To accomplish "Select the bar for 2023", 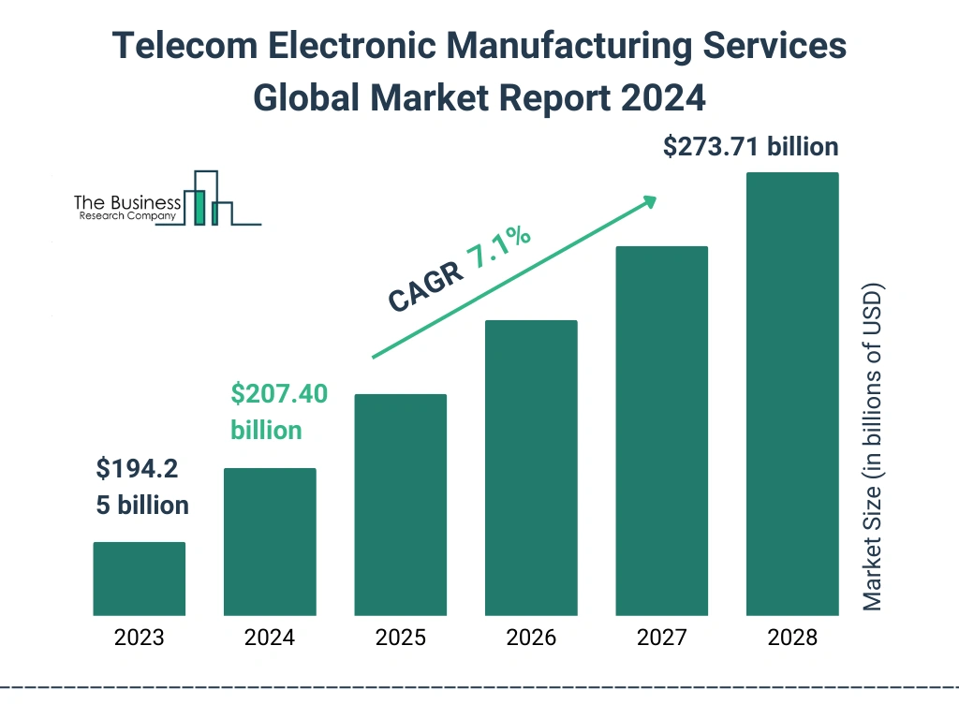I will pyautogui.click(x=139, y=579).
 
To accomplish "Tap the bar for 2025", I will pyautogui.click(x=400, y=505).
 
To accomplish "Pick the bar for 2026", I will pyautogui.click(x=531, y=468).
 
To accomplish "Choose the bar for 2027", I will pyautogui.click(x=661, y=431).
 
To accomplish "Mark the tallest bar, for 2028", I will pyautogui.click(x=792, y=394).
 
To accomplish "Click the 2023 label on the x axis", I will pyautogui.click(x=139, y=638).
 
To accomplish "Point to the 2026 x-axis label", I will pyautogui.click(x=531, y=638).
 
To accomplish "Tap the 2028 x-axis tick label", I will pyautogui.click(x=792, y=638).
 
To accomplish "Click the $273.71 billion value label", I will pyautogui.click(x=750, y=147).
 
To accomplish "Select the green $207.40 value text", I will pyautogui.click(x=279, y=394).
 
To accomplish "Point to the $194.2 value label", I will pyautogui.click(x=137, y=469).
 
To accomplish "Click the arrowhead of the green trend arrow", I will pyautogui.click(x=648, y=201).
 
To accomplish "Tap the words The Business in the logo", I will pyautogui.click(x=127, y=203).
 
